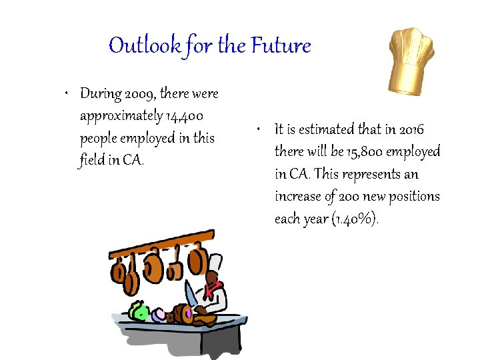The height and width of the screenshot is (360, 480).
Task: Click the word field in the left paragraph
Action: click(x=93, y=161)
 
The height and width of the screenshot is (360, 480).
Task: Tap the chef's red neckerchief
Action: click(x=213, y=289)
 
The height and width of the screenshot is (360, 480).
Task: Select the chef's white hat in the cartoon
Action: click(x=214, y=261)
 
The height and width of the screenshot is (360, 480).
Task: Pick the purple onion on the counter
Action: click(x=159, y=314)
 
